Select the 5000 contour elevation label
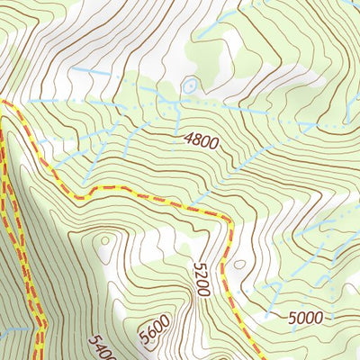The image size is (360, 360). click(305, 317)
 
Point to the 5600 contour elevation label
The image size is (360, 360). click(154, 335)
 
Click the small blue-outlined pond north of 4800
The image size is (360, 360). click(189, 86)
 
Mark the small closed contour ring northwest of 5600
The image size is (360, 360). click(106, 240)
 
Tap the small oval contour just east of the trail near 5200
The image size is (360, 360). click(238, 265)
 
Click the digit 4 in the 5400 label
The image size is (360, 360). click(97, 345)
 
